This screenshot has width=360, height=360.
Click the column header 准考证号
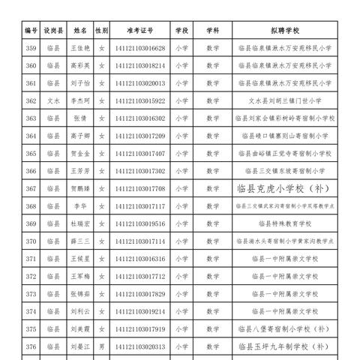[x=140, y=31]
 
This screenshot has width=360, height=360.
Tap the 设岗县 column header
[x=52, y=31]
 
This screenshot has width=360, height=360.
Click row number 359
[x=31, y=49]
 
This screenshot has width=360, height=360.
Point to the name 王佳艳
[x=80, y=49]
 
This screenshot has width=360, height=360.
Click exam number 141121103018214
[x=140, y=66]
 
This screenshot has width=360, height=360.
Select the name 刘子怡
[x=80, y=83]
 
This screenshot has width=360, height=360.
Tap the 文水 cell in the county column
[x=52, y=100]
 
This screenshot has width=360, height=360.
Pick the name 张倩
[x=80, y=118]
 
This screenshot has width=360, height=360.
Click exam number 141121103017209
[x=140, y=136]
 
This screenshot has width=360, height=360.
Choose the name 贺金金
[x=80, y=153]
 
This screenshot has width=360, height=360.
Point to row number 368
[x=31, y=205]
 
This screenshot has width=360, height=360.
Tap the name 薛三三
[x=80, y=241]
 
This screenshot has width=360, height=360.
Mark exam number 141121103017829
[x=140, y=293]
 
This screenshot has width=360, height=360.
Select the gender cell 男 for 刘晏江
[x=102, y=346]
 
